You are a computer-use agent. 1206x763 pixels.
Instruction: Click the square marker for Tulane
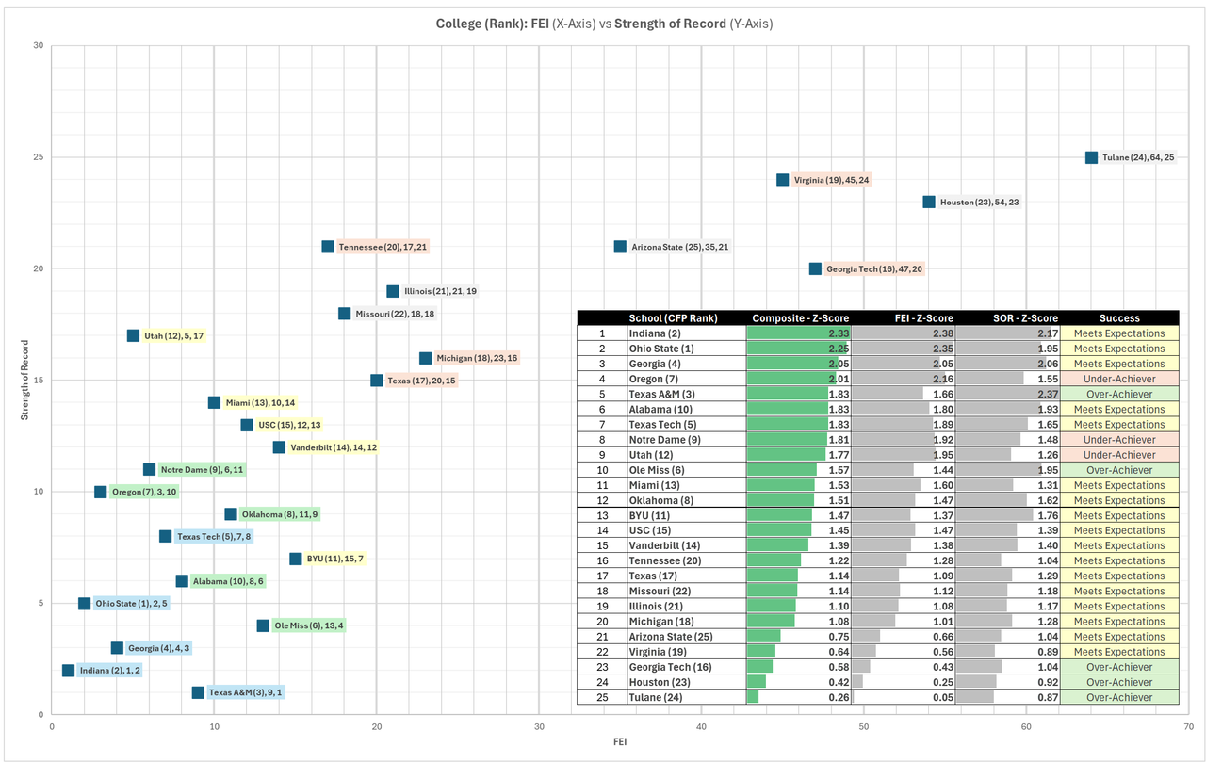point(1091,158)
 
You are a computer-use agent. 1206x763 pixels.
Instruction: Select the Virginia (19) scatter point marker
point(782,180)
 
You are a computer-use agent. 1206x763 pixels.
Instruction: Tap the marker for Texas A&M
point(198,692)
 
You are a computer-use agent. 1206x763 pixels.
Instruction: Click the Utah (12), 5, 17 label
point(173,335)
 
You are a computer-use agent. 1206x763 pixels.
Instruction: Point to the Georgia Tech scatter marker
point(815,268)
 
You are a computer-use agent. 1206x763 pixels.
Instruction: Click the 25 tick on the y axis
point(38,157)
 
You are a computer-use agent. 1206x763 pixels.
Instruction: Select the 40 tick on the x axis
point(702,726)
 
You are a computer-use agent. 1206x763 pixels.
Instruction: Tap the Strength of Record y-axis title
point(25,381)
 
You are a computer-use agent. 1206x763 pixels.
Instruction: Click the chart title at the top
point(604,24)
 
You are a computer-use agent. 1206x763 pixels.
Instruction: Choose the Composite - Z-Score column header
point(798,318)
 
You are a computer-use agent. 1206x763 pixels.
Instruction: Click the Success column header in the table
point(1118,318)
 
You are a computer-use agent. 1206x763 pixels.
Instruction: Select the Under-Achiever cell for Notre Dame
point(1118,440)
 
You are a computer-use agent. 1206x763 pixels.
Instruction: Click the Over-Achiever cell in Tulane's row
point(1118,698)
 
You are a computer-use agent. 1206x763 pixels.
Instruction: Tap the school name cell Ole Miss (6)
point(657,470)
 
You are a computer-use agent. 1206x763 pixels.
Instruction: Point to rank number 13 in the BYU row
point(600,515)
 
